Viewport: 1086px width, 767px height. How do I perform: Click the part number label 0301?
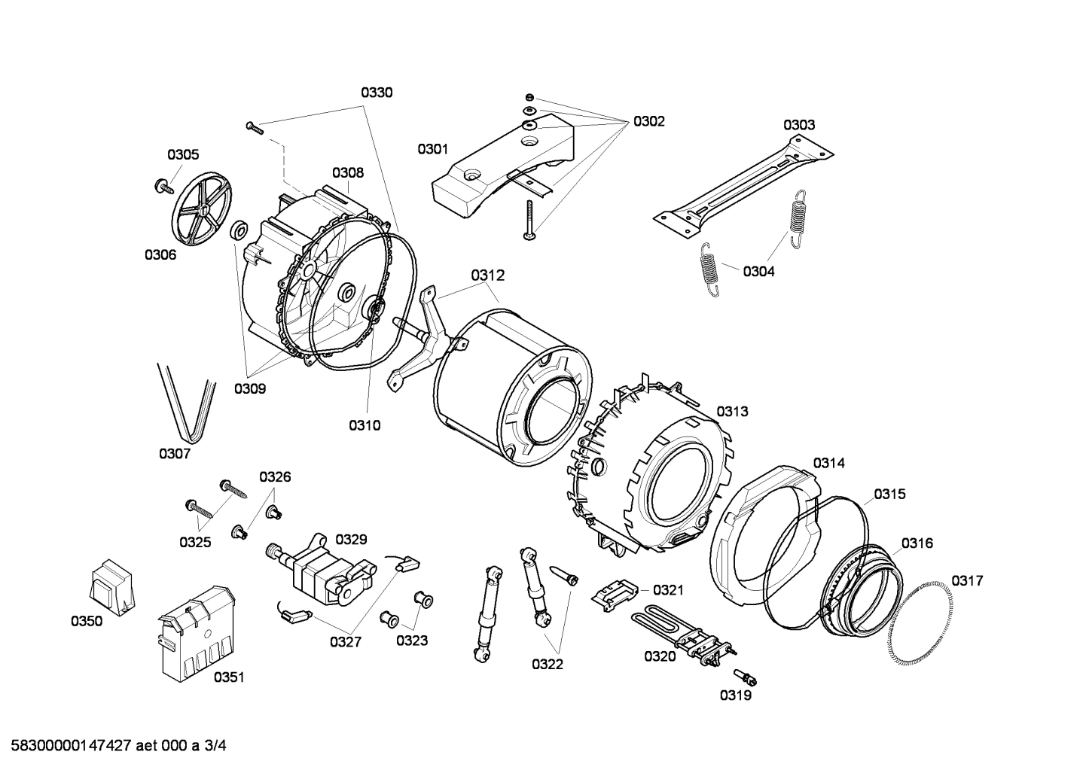433,149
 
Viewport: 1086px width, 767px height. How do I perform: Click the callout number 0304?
758,272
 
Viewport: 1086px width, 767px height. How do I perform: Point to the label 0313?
732,411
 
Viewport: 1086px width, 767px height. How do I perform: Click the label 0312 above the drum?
488,276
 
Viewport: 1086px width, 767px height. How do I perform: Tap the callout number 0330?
377,93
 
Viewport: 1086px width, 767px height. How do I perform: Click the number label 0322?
548,664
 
